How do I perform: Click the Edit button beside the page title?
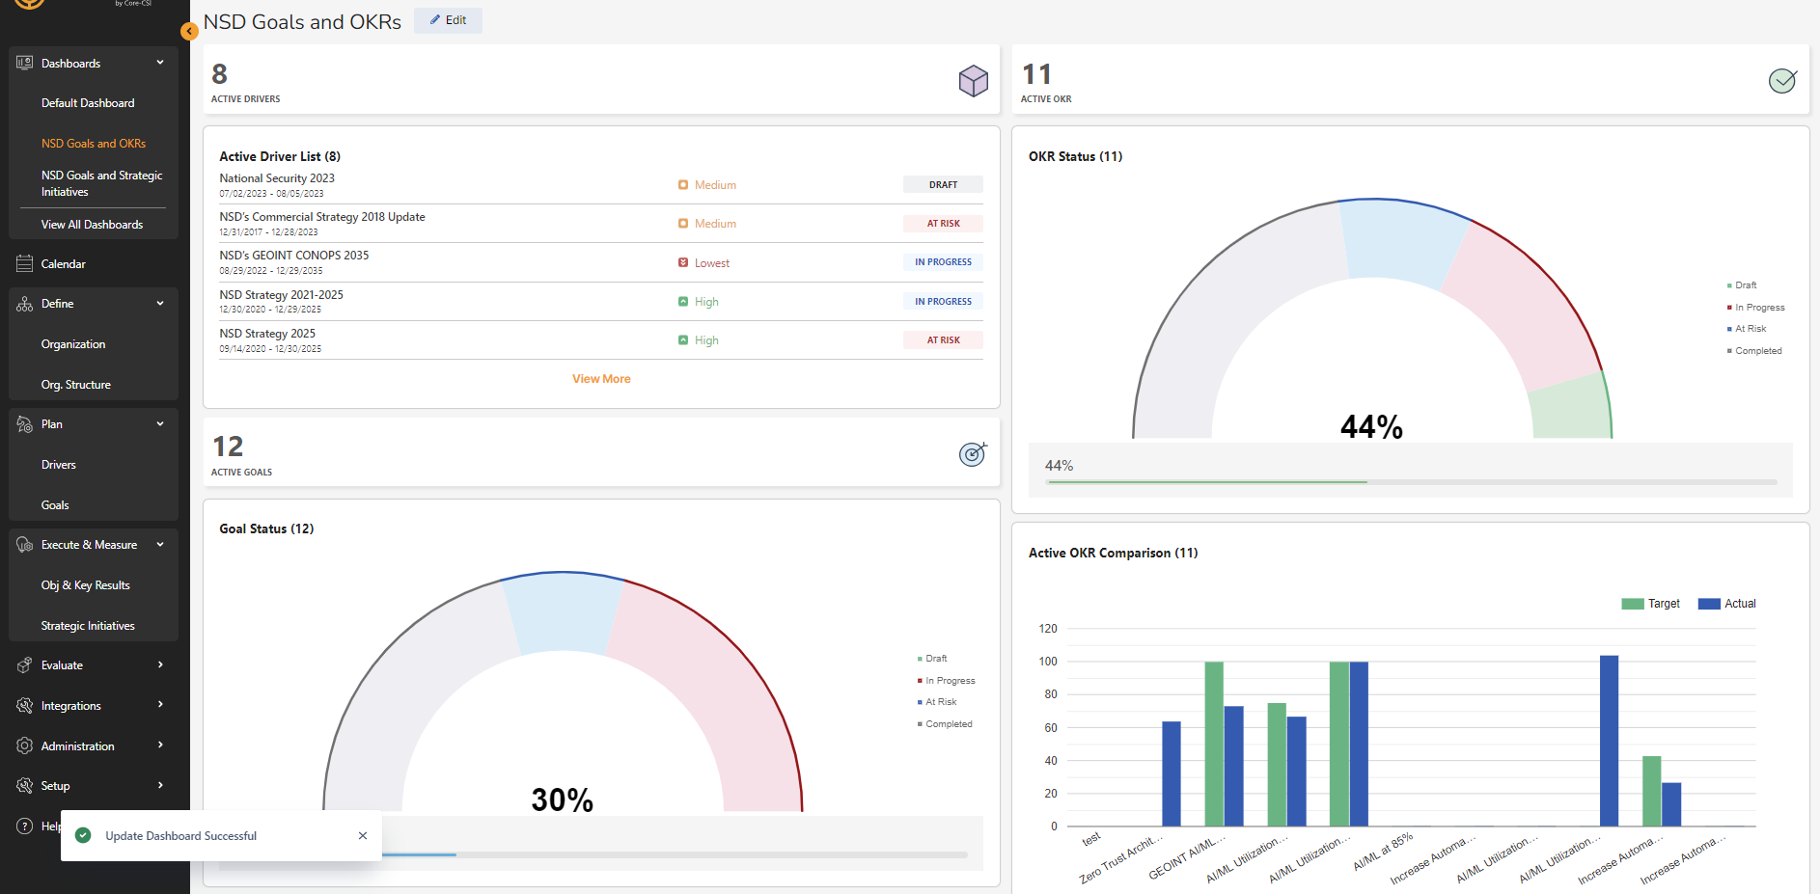pos(448,20)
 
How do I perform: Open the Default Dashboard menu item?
pos(88,103)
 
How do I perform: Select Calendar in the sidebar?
pos(63,264)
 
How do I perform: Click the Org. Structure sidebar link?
pos(75,385)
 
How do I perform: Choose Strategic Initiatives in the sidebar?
pos(88,626)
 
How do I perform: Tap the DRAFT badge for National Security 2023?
pos(943,184)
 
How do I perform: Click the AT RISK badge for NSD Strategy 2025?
pos(943,340)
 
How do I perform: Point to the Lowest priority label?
pos(711,263)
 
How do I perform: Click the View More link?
pos(601,379)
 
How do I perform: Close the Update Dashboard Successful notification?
pos(363,836)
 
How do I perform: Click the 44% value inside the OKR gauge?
pos(1371,426)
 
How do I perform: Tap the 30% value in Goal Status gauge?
pos(562,799)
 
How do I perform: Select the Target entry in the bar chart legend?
pos(1651,604)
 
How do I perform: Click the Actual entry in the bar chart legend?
pos(1727,604)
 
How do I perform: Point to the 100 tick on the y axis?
pos(1048,662)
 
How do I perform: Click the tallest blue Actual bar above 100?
pos(1609,740)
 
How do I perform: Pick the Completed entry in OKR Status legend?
pos(1757,351)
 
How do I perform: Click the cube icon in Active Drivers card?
pos(973,81)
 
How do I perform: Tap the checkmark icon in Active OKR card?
pos(1781,81)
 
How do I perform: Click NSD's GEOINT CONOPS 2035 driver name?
pos(294,256)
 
